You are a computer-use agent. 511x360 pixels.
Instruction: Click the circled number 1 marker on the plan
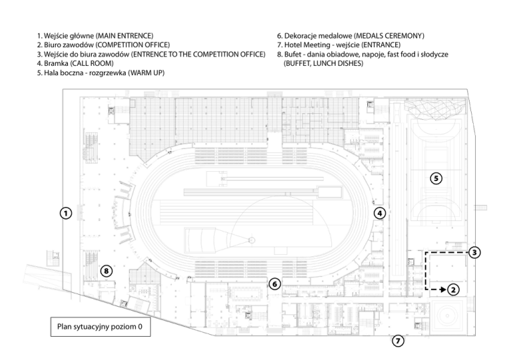click(x=65, y=214)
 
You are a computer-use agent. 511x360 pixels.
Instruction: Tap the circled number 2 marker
click(x=452, y=289)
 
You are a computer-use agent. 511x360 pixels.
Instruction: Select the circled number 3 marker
click(x=474, y=253)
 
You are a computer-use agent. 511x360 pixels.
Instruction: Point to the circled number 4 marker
click(x=379, y=214)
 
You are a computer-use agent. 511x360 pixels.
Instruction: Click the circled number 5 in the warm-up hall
click(x=435, y=178)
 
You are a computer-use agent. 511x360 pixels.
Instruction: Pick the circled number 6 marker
click(x=275, y=283)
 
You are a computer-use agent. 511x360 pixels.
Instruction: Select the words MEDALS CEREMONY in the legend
click(x=389, y=35)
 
